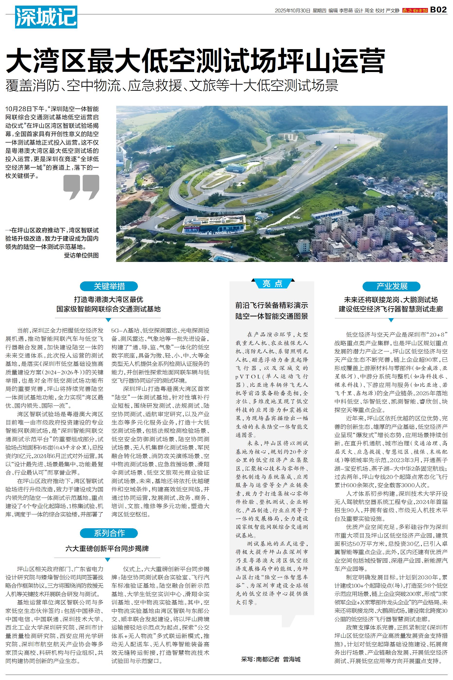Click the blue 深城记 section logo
pos(46,17)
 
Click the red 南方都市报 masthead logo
pos(415,10)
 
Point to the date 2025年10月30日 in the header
pos(292,11)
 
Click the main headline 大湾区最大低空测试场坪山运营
pos(195,60)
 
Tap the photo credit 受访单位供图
pos(81,255)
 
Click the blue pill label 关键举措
pos(109,286)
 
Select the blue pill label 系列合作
pos(109,533)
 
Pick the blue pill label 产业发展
pos(391,286)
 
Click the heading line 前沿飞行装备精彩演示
pos(272,305)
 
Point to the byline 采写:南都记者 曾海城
pos(271,659)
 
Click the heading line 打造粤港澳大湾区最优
pos(108,299)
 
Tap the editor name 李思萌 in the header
pos(346,11)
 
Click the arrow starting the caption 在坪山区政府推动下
pos(8,231)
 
